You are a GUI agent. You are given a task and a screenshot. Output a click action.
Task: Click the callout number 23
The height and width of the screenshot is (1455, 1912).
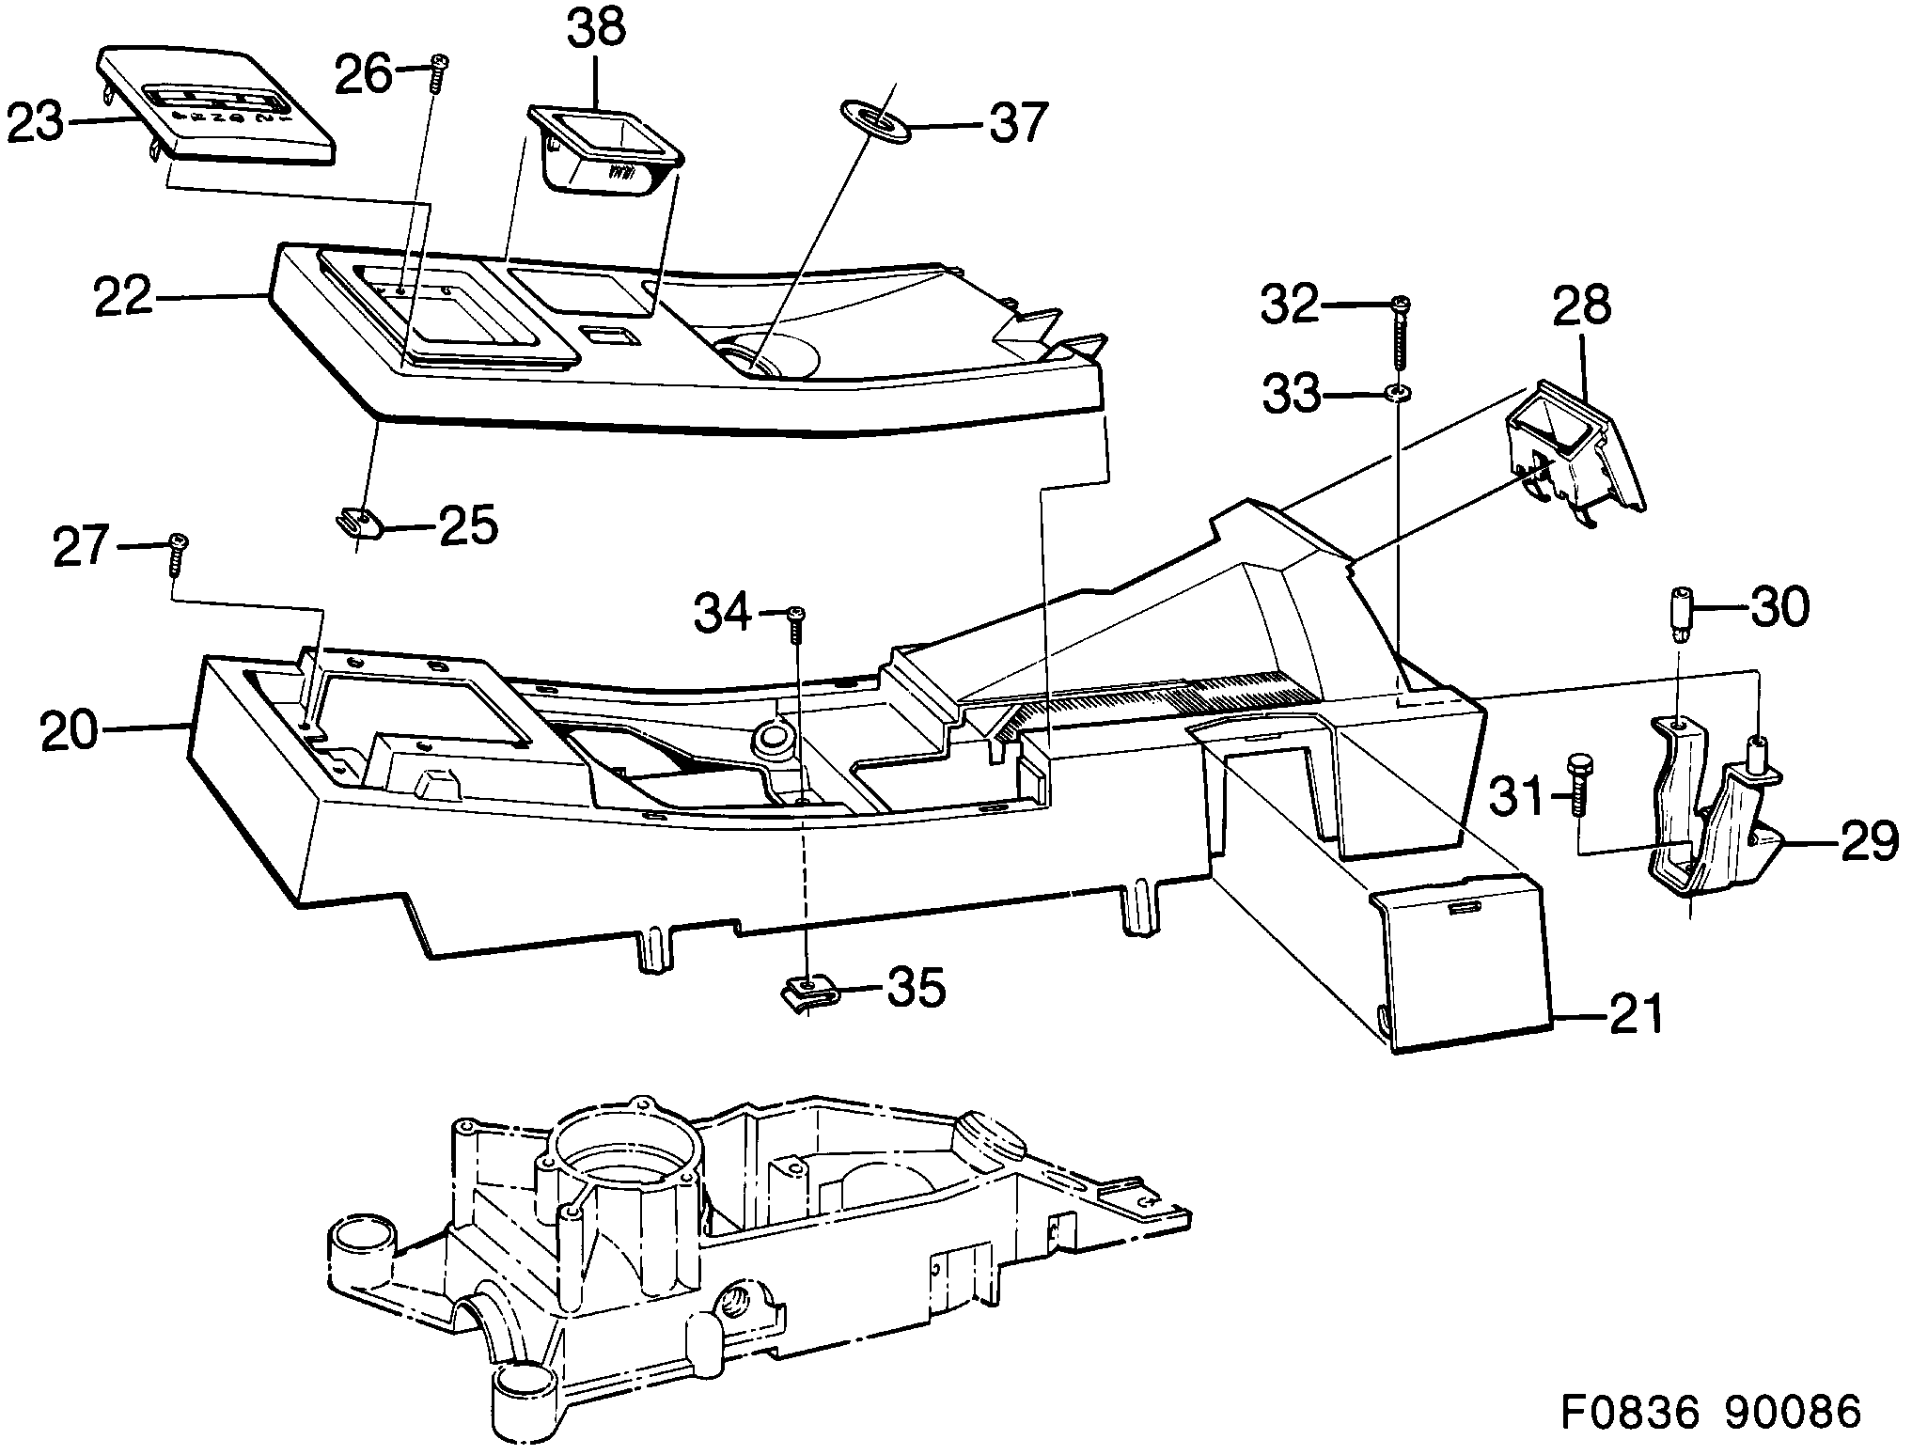(36, 123)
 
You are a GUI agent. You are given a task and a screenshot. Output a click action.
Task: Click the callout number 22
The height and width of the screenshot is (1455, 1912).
(123, 297)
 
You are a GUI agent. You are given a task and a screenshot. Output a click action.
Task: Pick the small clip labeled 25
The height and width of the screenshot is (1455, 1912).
(360, 524)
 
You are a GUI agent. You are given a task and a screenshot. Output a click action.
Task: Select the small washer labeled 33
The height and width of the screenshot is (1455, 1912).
(1398, 392)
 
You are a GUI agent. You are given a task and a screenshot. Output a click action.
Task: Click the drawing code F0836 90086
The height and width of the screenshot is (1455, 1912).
(1710, 1413)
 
